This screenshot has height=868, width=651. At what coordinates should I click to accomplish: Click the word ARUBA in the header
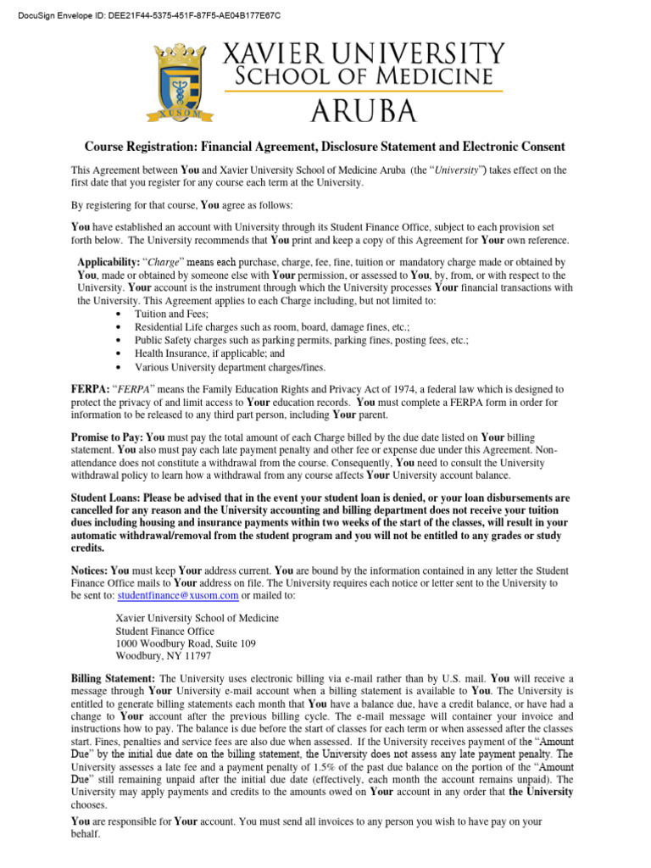click(362, 110)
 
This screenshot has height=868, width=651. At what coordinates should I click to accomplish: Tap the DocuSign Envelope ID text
click(142, 15)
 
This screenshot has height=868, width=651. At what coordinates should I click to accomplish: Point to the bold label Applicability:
click(110, 263)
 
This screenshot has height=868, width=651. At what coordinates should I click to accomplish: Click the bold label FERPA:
click(89, 389)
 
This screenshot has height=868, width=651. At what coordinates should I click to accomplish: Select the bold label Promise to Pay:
click(108, 437)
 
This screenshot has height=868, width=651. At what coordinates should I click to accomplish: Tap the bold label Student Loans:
click(106, 498)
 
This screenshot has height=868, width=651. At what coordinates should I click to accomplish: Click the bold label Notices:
click(90, 571)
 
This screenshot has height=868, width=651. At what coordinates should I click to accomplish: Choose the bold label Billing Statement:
click(113, 679)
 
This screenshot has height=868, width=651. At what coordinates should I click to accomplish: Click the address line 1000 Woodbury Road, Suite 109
click(185, 643)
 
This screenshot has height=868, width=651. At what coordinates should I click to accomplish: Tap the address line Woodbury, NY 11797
click(164, 656)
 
